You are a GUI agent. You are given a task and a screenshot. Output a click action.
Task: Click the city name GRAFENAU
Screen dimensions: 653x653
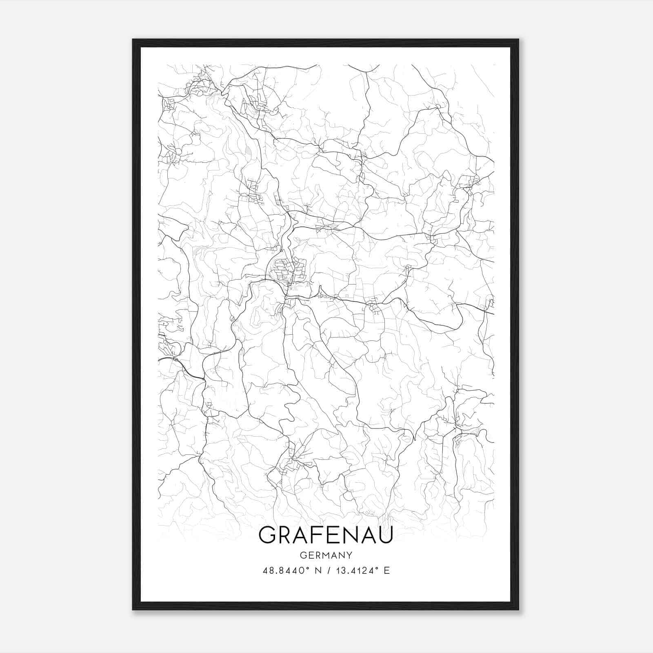(x=326, y=535)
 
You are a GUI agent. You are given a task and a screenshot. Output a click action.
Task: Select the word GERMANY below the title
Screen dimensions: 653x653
(x=326, y=555)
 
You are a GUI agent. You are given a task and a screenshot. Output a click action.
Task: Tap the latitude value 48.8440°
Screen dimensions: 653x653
(x=284, y=571)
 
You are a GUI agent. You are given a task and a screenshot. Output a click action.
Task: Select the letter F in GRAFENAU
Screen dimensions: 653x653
(x=314, y=535)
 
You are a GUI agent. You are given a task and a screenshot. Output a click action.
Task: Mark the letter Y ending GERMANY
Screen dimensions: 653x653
(x=349, y=555)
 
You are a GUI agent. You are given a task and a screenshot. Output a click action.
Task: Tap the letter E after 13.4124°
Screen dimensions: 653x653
(x=387, y=571)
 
